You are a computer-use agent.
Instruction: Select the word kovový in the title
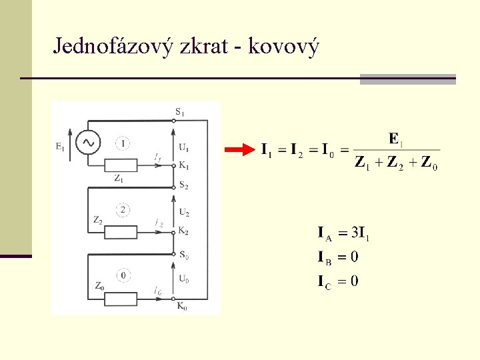point(284,47)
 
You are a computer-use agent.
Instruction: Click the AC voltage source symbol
point(87,141)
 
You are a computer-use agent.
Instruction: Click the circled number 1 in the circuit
point(123,142)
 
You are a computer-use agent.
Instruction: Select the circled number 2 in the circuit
point(123,210)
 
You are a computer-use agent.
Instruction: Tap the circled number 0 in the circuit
point(123,275)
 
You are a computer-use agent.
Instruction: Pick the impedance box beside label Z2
point(121,232)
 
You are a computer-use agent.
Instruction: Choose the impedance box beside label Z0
point(121,298)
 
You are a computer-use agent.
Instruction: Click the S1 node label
point(181,111)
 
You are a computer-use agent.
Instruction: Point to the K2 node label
point(183,231)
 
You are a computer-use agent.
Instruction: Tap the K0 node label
point(182,306)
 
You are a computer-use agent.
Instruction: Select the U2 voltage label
point(183,213)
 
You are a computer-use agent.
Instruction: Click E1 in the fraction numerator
point(396,139)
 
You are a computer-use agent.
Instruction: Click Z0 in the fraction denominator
point(428,163)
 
